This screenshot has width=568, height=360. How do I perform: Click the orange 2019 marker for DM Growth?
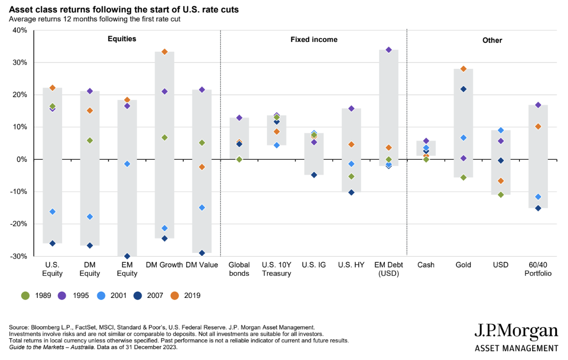[165, 52]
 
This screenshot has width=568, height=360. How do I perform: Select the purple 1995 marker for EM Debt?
[388, 50]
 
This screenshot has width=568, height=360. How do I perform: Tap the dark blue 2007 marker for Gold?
[464, 89]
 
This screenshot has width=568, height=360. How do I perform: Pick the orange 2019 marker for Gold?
[464, 69]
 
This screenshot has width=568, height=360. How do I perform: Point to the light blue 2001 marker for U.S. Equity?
[52, 212]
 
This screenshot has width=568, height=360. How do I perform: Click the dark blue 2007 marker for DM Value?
[202, 253]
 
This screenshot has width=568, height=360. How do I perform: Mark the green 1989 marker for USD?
[501, 194]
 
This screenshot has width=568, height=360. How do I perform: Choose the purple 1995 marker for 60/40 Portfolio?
[538, 105]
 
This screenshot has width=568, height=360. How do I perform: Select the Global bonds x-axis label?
[239, 269]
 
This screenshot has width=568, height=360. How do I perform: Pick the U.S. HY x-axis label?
[351, 265]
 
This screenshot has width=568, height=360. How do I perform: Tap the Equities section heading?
[122, 39]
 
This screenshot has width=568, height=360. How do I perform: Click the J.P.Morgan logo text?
[516, 332]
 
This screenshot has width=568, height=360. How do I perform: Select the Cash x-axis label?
[426, 265]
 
